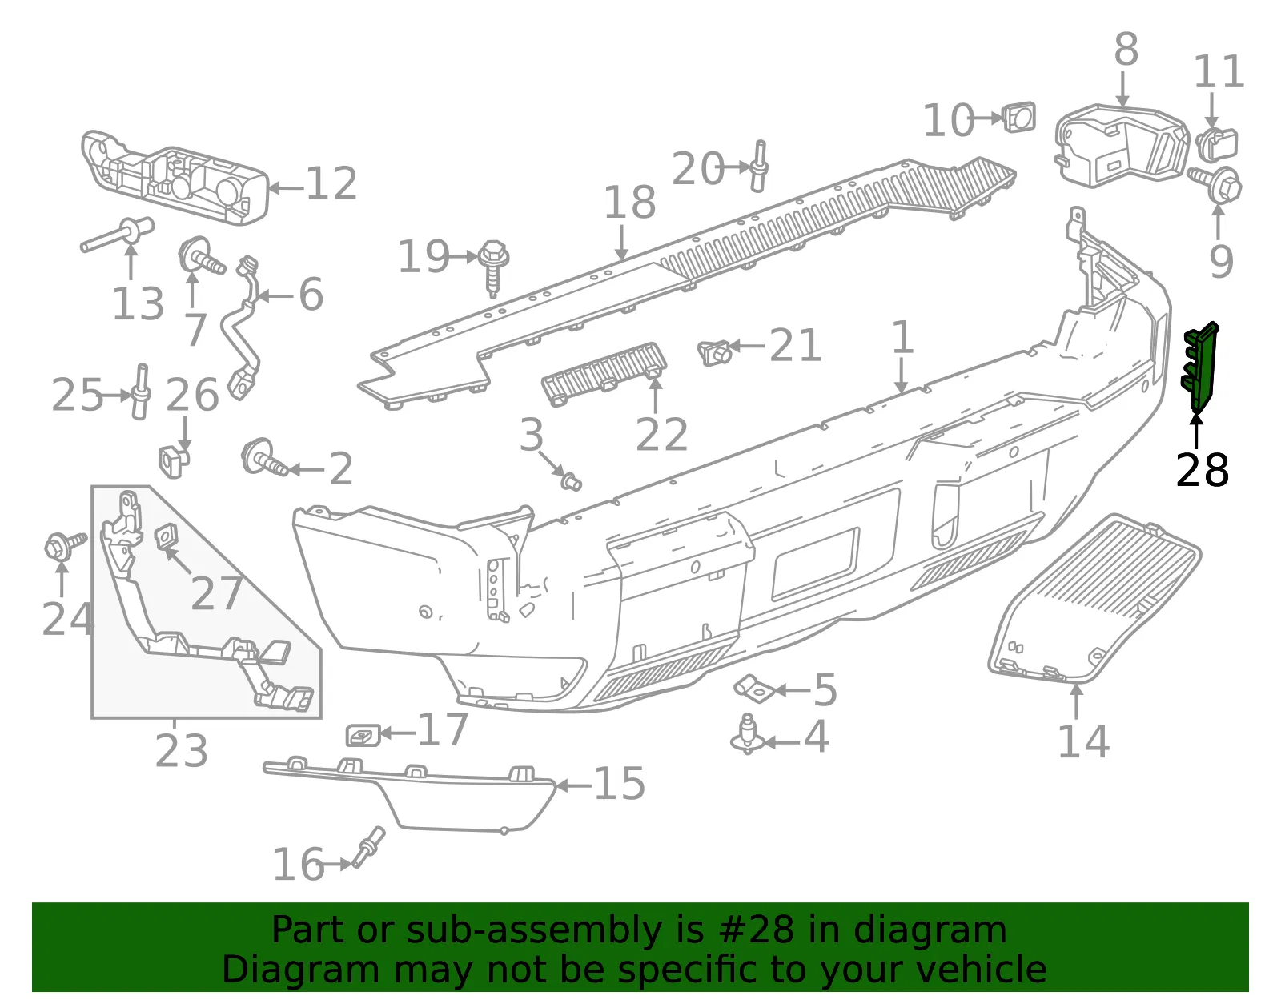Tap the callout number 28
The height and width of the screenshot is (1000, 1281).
1202,470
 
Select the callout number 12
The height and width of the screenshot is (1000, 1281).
331,183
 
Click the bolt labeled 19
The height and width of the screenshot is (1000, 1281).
494,267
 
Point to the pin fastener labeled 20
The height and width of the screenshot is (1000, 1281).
759,166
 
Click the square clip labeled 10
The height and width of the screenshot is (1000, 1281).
1019,117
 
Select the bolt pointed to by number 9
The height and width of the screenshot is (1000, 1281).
1215,184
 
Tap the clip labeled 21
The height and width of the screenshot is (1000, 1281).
715,353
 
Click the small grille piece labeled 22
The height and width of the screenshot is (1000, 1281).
604,374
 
